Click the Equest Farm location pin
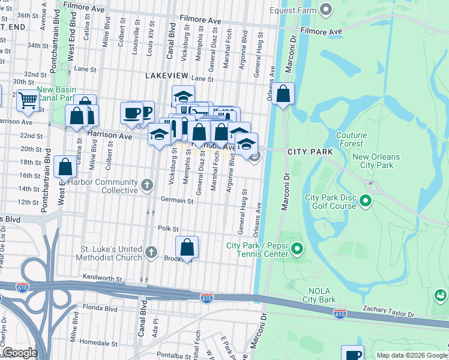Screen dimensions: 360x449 326,9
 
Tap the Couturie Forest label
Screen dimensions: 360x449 351,139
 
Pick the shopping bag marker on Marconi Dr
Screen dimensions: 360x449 284,94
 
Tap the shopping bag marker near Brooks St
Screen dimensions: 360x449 187,247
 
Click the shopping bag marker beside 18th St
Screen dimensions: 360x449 65,166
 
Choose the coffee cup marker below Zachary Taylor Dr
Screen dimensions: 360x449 352,355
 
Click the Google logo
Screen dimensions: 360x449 20,353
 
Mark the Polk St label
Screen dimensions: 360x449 169,229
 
